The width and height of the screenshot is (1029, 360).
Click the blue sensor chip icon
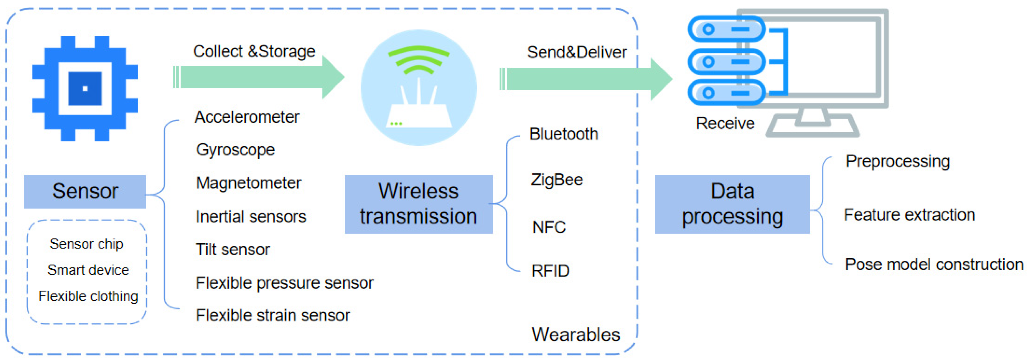tap(85, 88)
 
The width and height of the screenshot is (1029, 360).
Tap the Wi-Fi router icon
tap(419, 88)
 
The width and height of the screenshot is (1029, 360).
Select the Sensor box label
tap(85, 191)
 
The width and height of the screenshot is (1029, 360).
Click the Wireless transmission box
tap(418, 204)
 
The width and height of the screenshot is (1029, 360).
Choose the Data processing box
tap(732, 204)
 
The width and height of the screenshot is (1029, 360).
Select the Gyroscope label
tap(235, 150)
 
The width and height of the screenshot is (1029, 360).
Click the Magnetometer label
tap(248, 183)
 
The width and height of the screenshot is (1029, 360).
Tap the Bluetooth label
tap(563, 134)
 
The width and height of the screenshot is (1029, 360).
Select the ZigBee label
tap(556, 180)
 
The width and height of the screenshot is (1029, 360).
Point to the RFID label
tap(550, 271)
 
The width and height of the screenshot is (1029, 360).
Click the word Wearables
tap(576, 334)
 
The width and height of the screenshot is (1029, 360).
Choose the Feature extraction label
tap(909, 215)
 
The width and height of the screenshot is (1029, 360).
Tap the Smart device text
tap(88, 270)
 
